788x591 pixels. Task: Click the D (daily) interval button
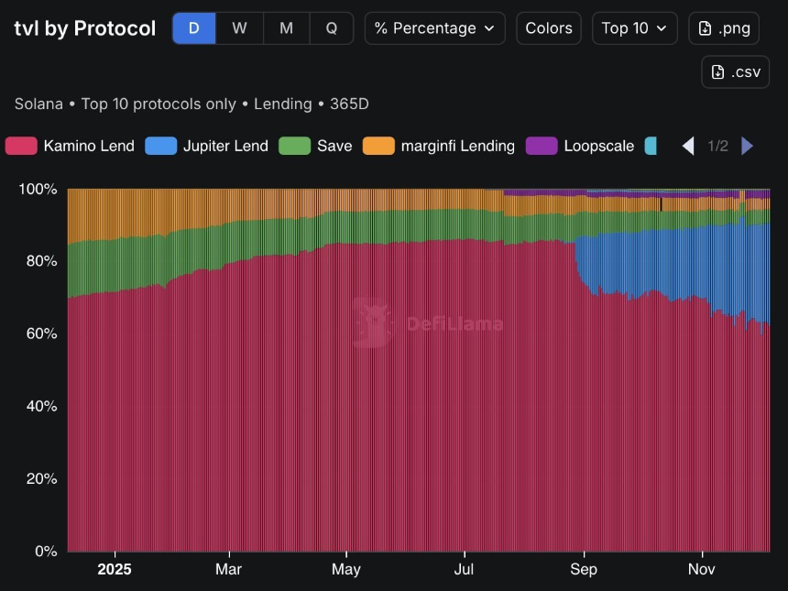(x=194, y=28)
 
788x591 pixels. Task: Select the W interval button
(x=239, y=28)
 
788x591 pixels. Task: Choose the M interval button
(x=286, y=28)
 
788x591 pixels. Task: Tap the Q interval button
(x=331, y=28)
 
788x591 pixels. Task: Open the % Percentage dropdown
(x=434, y=28)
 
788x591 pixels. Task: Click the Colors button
(x=549, y=28)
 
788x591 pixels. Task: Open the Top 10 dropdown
(x=634, y=28)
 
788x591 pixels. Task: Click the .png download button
(x=723, y=28)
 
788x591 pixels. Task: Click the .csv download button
(x=735, y=72)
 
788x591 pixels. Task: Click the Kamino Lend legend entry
(x=71, y=146)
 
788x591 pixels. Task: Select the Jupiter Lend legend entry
(x=207, y=146)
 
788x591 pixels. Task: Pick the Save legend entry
(x=316, y=146)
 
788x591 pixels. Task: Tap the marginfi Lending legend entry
(x=439, y=146)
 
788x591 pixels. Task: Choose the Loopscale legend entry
(x=580, y=146)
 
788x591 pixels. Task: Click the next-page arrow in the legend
(x=747, y=146)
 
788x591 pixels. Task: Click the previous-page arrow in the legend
(x=688, y=146)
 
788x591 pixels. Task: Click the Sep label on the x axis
(x=584, y=569)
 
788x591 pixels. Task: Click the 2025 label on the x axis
(x=115, y=569)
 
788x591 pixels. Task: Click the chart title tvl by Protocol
(x=85, y=28)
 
